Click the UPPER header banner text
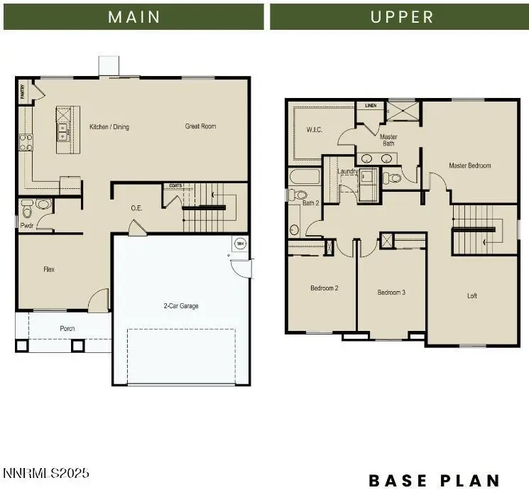[x=401, y=16]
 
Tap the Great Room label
[x=200, y=126]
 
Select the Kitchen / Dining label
[x=109, y=127]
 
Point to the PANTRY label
[x=21, y=89]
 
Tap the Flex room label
[x=49, y=269]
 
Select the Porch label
[x=67, y=328]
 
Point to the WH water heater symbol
[x=239, y=244]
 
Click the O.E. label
[x=137, y=208]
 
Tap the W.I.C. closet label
[x=315, y=130]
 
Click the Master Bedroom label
[x=469, y=165]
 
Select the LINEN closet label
[x=370, y=105]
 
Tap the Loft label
[x=471, y=295]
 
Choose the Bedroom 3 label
[x=391, y=293]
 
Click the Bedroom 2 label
[x=323, y=288]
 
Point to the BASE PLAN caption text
[x=434, y=481]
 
